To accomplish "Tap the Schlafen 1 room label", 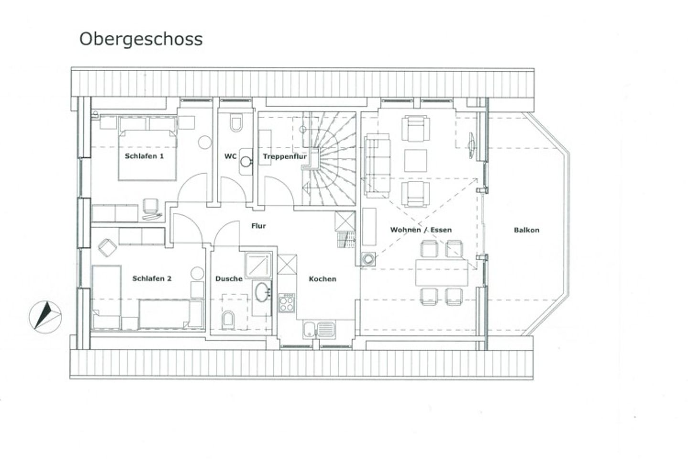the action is point(144,156).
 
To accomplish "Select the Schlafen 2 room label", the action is point(152,279).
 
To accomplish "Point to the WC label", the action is point(230,156).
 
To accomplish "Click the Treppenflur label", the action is point(285,156).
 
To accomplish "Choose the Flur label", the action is point(258,226).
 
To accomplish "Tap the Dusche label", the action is point(229,279).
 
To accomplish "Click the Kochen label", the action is point(322,279).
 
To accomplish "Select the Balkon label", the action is point(527,230).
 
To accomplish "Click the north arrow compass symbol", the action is point(45,317).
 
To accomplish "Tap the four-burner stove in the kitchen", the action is point(287,303).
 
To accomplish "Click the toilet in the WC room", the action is point(236,123).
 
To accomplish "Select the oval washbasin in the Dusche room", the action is point(262,292).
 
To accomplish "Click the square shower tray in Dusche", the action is point(258,265).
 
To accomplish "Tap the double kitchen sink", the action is point(319,329).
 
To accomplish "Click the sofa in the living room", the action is point(377,165).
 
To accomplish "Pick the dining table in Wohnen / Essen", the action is point(441,273).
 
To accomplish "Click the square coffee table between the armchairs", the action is point(416,161).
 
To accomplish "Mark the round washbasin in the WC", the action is point(246,162).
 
